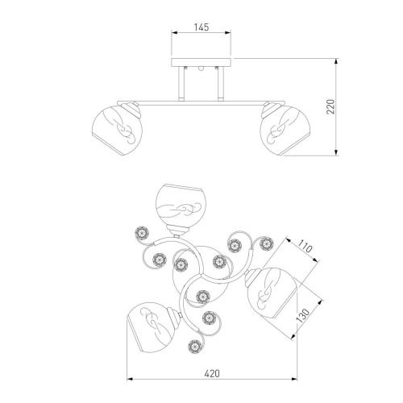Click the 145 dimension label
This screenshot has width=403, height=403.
pyautogui.click(x=201, y=27)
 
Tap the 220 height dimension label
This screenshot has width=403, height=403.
pyautogui.click(x=330, y=106)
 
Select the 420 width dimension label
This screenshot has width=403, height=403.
pyautogui.click(x=212, y=373)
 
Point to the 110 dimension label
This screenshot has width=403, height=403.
pyautogui.click(x=305, y=247)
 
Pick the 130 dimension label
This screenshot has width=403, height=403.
pyautogui.click(x=303, y=315)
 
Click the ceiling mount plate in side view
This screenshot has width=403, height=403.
pyautogui.click(x=201, y=62)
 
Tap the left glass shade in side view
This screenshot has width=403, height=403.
pyautogui.click(x=117, y=131)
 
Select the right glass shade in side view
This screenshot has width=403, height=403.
pyautogui.click(x=285, y=131)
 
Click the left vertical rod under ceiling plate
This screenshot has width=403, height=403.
pyautogui.click(x=181, y=84)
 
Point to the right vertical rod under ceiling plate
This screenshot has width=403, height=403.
pyautogui.click(x=221, y=84)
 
